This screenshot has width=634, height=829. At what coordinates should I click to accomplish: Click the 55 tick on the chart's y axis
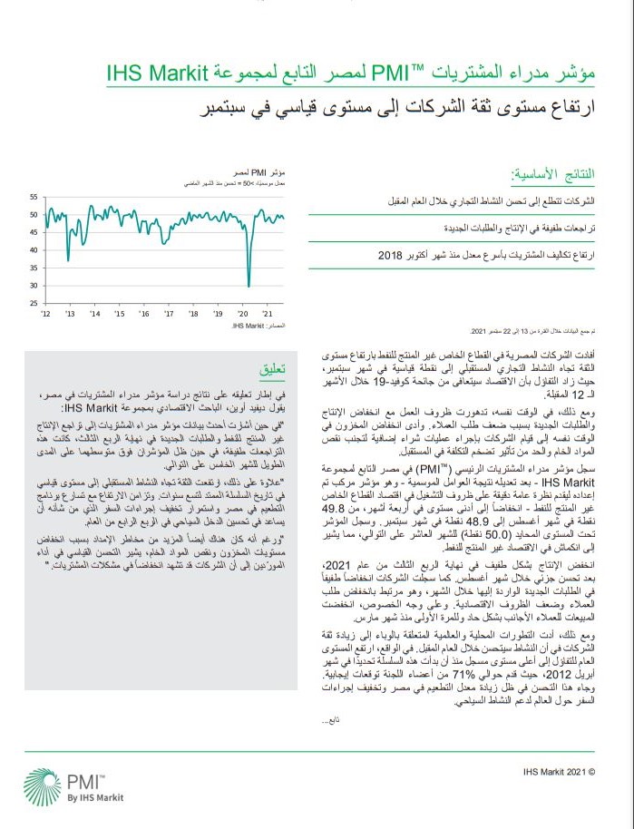(x=34, y=197)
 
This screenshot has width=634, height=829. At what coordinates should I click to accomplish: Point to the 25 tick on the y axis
(x=34, y=303)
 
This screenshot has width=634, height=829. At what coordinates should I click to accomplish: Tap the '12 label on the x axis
(x=46, y=313)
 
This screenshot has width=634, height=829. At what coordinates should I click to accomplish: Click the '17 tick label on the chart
(x=169, y=313)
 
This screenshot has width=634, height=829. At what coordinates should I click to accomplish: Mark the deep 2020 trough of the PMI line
(x=249, y=285)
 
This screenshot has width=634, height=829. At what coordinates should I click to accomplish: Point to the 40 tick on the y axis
(x=34, y=249)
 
